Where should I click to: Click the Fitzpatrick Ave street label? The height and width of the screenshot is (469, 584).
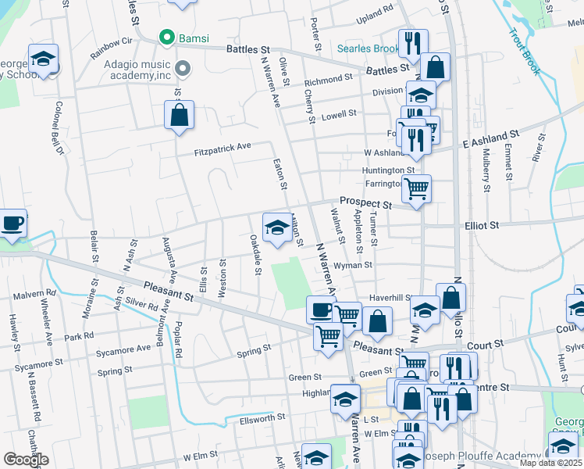[223, 146]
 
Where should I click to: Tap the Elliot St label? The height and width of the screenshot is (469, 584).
[482, 225]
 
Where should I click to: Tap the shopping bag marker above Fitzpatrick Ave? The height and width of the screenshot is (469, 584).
[179, 116]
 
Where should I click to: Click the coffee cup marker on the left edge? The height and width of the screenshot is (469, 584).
[11, 224]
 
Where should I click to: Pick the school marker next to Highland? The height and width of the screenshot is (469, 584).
[345, 399]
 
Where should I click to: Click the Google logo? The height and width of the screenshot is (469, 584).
[25, 459]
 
